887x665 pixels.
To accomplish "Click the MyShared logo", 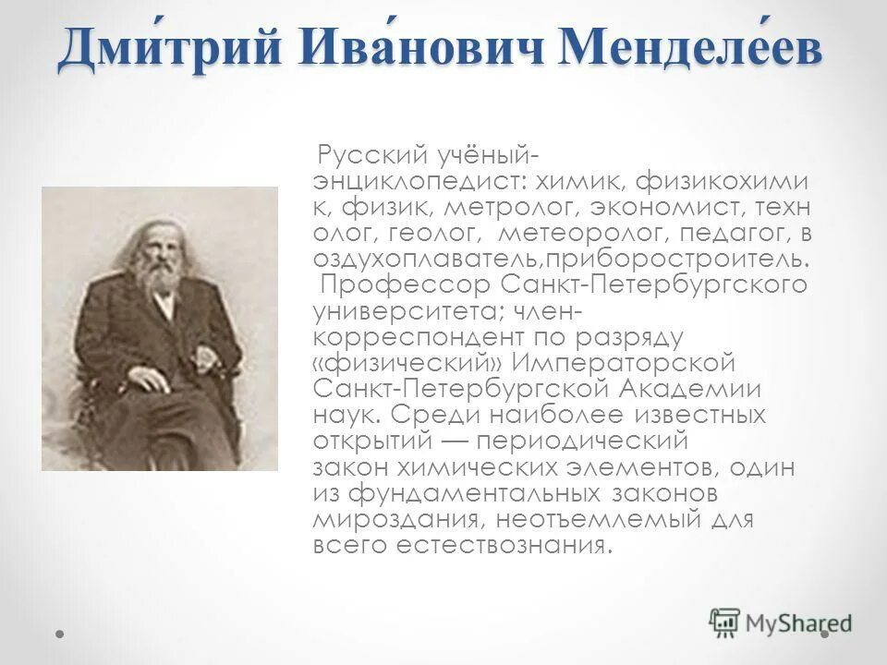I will (781, 623).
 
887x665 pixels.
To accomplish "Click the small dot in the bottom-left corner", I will (60, 635).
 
